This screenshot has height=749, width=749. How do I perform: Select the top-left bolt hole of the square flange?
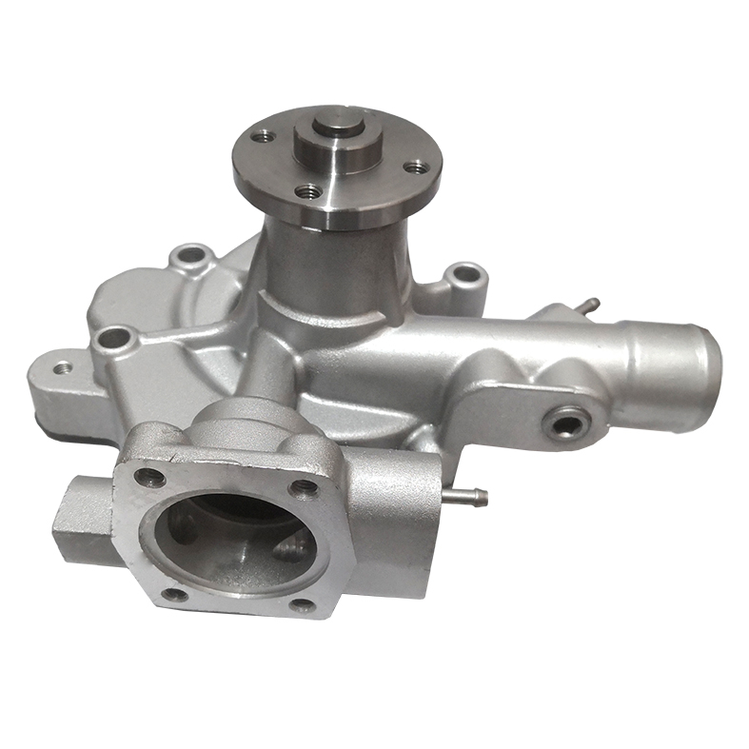click(149, 476)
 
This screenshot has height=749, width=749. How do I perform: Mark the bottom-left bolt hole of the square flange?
click(173, 595)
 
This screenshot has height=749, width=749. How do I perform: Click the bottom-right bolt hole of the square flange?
click(303, 605)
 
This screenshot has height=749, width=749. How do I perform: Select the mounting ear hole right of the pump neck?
click(464, 274)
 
